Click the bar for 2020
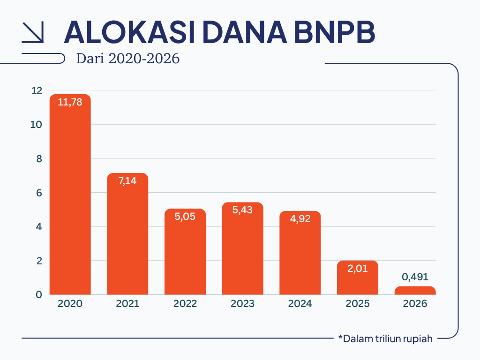70,195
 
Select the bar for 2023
242,248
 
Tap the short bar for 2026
415,291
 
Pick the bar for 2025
358,277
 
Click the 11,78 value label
70,102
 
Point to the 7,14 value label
127,181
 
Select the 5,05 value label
185,217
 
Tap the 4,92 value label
300,218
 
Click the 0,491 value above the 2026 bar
415,277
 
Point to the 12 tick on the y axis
37,90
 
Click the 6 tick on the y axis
39,193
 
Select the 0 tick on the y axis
39,294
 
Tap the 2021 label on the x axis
127,303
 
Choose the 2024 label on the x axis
300,303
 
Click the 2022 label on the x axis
185,303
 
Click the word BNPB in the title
334,32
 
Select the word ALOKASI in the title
129,32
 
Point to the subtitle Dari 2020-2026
128,58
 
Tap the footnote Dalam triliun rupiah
385,338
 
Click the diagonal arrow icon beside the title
33,32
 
